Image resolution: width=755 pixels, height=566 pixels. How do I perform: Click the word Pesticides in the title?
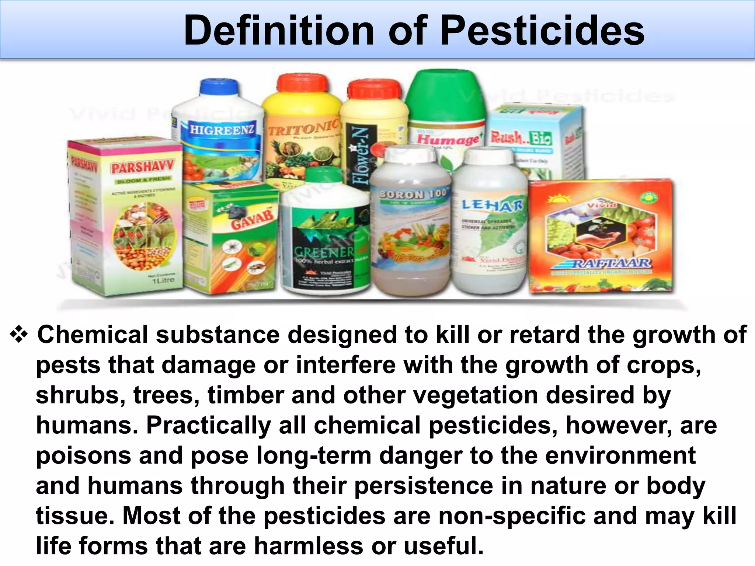tap(542, 31)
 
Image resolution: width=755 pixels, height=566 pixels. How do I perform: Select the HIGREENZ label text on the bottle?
tap(222, 130)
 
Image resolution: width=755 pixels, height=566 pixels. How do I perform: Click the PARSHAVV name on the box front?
tap(142, 168)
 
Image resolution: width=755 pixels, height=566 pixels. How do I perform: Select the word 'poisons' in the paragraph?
tap(83, 455)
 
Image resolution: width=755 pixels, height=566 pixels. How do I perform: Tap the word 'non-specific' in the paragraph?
tap(511, 516)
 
